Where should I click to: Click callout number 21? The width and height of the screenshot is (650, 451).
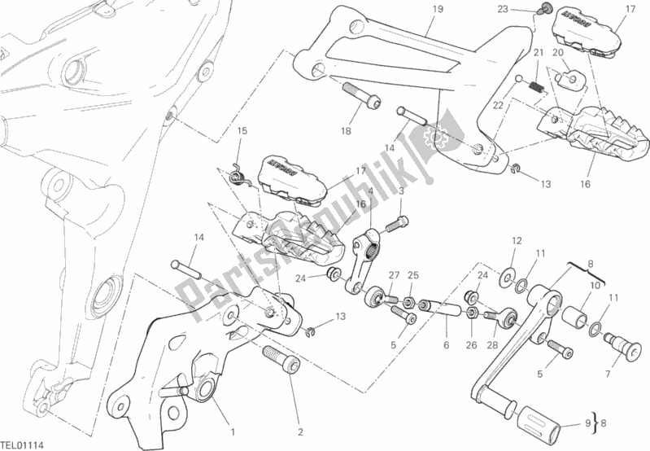point(538,54)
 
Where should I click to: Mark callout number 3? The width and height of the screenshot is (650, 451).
point(402,190)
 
